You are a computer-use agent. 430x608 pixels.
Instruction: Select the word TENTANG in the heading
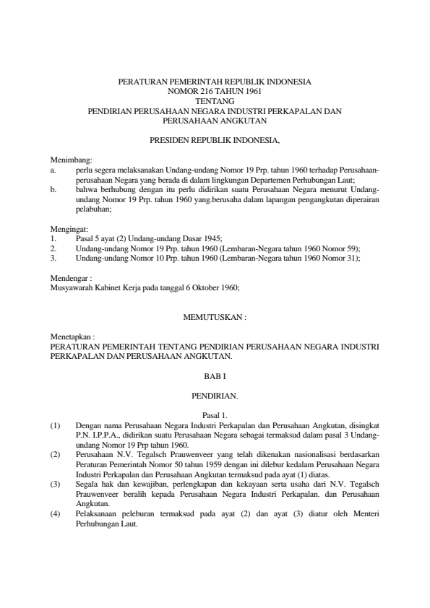click(215, 102)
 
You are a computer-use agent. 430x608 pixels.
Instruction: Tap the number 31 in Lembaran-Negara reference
click(351, 257)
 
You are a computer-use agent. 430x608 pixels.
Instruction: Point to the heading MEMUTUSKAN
click(215, 316)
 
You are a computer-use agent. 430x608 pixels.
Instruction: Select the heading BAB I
click(215, 375)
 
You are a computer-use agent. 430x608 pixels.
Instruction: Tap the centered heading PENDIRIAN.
click(215, 396)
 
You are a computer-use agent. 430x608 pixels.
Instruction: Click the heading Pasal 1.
click(215, 414)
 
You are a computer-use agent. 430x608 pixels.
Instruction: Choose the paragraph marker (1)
click(56, 425)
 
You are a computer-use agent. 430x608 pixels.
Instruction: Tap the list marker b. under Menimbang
click(53, 189)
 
